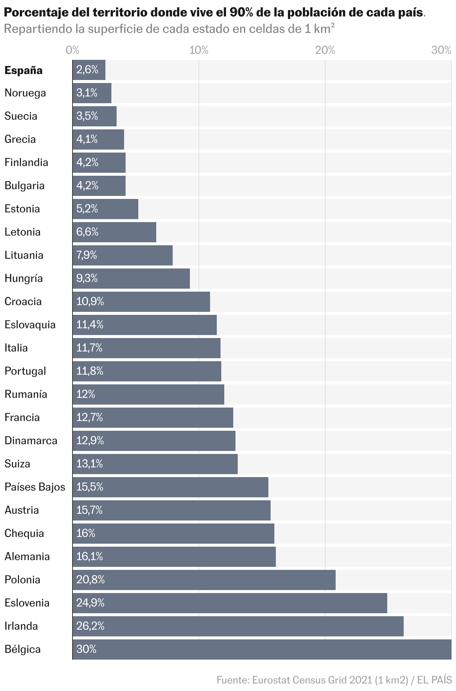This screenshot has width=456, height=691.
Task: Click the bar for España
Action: pos(89,70)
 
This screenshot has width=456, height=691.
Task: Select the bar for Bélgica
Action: pos(262,649)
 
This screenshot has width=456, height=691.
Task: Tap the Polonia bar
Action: pos(204,580)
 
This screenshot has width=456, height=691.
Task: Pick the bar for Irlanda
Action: pos(238,626)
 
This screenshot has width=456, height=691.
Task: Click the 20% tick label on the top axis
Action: pos(325,50)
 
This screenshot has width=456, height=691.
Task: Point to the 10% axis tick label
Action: pos(198,50)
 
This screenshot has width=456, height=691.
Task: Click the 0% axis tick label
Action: pos(72,50)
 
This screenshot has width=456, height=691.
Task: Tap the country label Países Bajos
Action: pos(35,487)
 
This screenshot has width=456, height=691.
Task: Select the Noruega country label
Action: pos(25,93)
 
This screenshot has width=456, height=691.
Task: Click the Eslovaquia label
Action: pos(30,325)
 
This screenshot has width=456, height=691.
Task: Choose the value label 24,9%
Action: pos(90,603)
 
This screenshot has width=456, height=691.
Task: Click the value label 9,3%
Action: pos(87,278)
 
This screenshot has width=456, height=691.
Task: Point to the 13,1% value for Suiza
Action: pos(90,464)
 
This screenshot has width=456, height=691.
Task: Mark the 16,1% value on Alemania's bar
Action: pos(90,556)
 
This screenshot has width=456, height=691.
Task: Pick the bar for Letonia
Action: pos(114,232)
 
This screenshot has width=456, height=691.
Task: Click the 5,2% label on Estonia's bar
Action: pos(87,209)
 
